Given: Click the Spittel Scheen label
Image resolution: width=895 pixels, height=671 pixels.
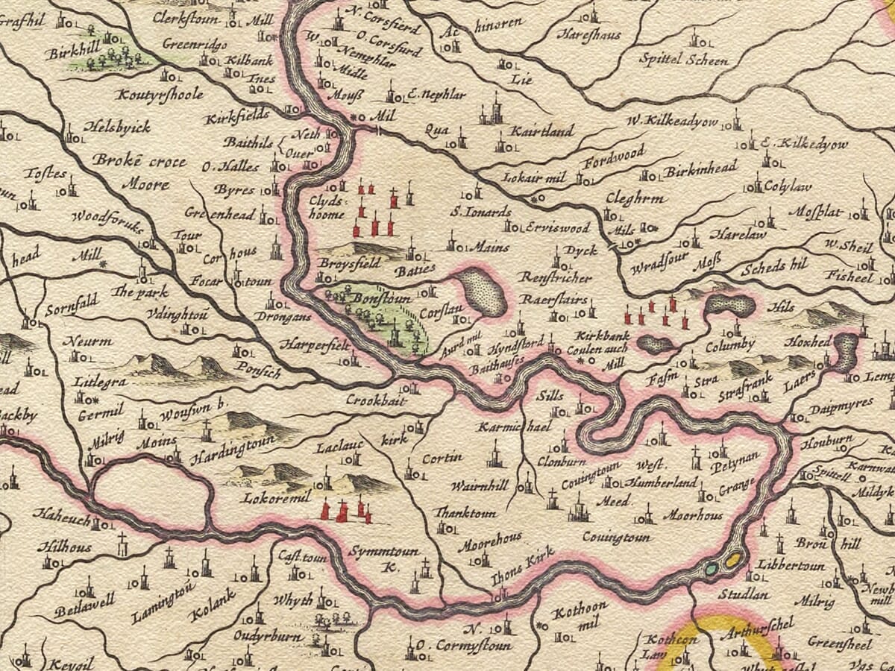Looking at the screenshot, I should (x=685, y=60).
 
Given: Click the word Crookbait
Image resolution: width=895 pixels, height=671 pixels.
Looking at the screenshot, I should (x=375, y=400).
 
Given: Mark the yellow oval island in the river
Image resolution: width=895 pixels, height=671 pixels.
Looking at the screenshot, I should (x=734, y=558).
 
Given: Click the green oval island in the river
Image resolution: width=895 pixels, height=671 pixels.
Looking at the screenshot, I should (x=712, y=569).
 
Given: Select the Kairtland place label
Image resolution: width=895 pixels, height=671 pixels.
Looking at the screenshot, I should (x=541, y=131).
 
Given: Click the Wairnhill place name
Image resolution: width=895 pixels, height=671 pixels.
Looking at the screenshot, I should (x=480, y=485).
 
